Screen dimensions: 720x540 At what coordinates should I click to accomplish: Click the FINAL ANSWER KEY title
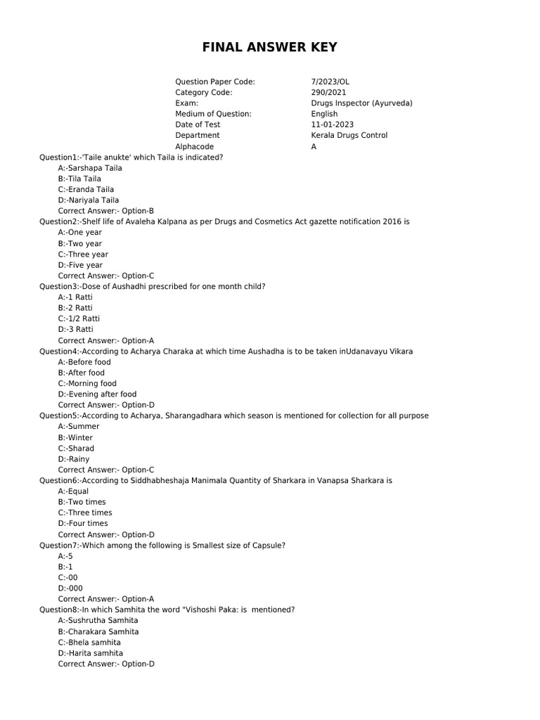tap(270, 48)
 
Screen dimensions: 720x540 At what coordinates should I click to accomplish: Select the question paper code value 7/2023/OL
tap(330, 82)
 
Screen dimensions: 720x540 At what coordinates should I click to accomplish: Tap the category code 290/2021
tap(328, 92)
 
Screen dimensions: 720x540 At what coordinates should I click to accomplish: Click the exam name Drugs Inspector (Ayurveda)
tap(361, 103)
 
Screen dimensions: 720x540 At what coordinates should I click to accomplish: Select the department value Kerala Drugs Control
tap(349, 135)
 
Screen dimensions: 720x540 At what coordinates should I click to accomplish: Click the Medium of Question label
tap(213, 114)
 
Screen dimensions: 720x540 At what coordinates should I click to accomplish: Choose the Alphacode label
tap(194, 146)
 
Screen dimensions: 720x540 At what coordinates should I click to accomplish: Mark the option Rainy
tap(74, 459)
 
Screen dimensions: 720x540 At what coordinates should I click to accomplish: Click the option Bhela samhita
tap(89, 642)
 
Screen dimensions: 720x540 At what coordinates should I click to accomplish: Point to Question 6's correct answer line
tap(106, 534)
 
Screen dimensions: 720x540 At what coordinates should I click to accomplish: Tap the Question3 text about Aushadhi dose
tap(153, 286)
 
